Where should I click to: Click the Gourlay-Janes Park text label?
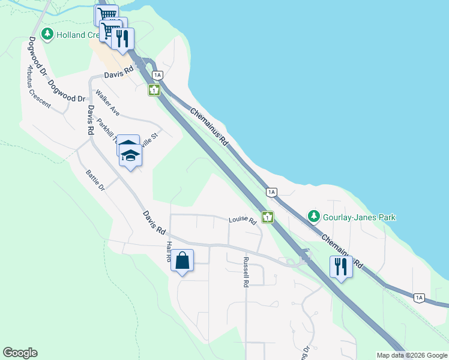[x=360, y=217]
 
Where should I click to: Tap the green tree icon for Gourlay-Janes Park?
[x=313, y=216]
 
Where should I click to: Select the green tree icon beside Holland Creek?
[x=48, y=34]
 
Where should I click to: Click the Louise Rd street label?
[x=243, y=221]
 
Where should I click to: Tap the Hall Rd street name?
[x=169, y=250]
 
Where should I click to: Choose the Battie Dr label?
[x=95, y=179]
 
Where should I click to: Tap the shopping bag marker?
[x=182, y=261]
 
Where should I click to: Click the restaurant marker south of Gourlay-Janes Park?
[x=341, y=266]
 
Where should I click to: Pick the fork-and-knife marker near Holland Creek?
[x=122, y=39]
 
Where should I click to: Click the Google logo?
[x=20, y=353]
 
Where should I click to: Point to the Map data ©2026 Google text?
[x=412, y=355]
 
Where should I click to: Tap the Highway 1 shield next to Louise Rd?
[x=267, y=217]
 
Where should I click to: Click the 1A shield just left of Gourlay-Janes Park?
[x=271, y=192]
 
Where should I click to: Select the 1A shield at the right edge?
[x=419, y=297]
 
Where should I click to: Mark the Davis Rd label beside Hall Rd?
[x=154, y=222]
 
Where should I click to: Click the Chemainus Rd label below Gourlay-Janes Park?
[x=342, y=251]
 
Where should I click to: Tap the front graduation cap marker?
[x=130, y=156]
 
